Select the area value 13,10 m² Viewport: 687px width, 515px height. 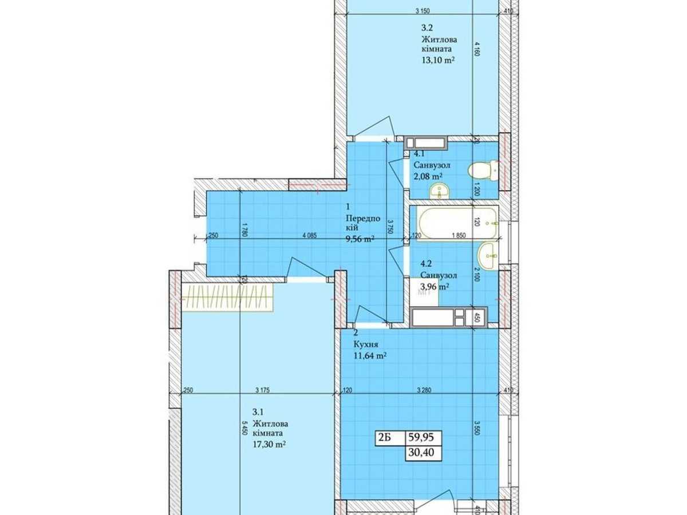[438, 61]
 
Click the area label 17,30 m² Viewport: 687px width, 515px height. [269, 444]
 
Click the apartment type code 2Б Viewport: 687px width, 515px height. [385, 438]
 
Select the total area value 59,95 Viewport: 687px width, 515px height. [420, 438]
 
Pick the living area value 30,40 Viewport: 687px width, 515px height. [420, 453]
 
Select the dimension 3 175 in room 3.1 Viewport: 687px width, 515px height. [263, 391]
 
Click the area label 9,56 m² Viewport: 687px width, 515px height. [360, 239]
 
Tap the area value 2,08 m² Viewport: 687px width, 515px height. [429, 176]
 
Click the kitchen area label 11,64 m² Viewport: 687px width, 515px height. [370, 355]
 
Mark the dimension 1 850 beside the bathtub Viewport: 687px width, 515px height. [458, 235]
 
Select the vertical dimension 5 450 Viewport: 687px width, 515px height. [244, 429]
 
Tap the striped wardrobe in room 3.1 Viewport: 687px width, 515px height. [228, 298]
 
